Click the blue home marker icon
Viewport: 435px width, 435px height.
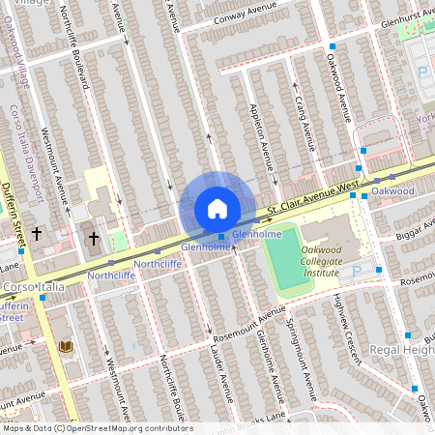(x=217, y=209)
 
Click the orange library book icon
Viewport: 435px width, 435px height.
(x=66, y=345)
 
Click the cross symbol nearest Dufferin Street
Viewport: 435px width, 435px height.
(x=38, y=233)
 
